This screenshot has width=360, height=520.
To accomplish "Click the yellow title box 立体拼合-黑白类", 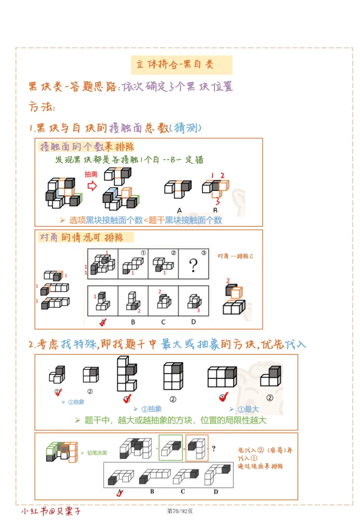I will pyautogui.click(x=181, y=65).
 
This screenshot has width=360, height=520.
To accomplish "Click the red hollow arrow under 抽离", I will pyautogui.click(x=92, y=186).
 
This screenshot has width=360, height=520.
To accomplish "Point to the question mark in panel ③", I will pyautogui.click(x=193, y=266).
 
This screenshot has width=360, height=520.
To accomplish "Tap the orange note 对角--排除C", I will pyautogui.click(x=235, y=256).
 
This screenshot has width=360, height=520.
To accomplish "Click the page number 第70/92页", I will pyautogui.click(x=180, y=511).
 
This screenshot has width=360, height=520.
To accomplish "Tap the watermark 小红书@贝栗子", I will pyautogui.click(x=51, y=511).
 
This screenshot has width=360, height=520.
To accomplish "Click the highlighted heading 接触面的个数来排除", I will pyautogui.click(x=87, y=147).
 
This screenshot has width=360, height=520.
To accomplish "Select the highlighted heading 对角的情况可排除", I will pyautogui.click(x=81, y=237).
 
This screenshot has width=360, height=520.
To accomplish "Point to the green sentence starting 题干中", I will pyautogui.click(x=171, y=420).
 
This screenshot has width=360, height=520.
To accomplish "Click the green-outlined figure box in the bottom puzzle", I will pyautogui.click(x=171, y=448).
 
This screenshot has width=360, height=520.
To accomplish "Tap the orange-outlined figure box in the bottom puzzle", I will pyautogui.click(x=197, y=448).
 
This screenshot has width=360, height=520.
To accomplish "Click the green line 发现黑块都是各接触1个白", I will pyautogui.click(x=129, y=160).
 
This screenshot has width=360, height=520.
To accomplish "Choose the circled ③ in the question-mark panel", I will pyautogui.click(x=203, y=253).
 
